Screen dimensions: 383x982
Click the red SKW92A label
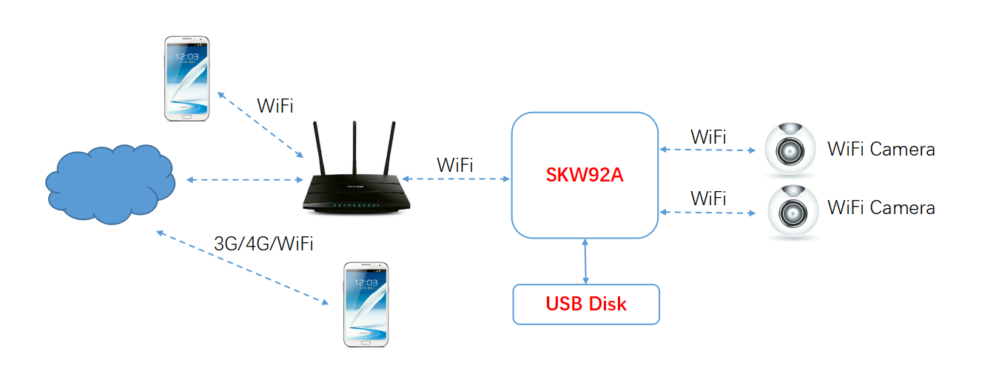tap(584, 176)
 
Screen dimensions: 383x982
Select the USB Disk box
tap(585, 304)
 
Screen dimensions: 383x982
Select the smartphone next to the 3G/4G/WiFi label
tap(366, 304)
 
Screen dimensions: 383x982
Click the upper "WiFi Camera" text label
tap(881, 149)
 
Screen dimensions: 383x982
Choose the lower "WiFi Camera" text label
tap(881, 207)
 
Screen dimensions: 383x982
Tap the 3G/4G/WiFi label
tap(263, 244)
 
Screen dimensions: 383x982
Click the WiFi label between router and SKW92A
tap(454, 164)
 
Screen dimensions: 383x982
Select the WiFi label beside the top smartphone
tap(275, 105)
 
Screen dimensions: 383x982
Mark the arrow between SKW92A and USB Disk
tap(586, 261)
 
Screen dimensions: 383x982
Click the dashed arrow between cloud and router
tap(240, 180)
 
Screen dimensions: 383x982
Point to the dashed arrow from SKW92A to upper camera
tap(707, 150)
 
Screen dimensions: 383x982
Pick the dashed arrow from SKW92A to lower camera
tap(707, 213)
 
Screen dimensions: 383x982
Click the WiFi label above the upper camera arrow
tap(708, 136)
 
